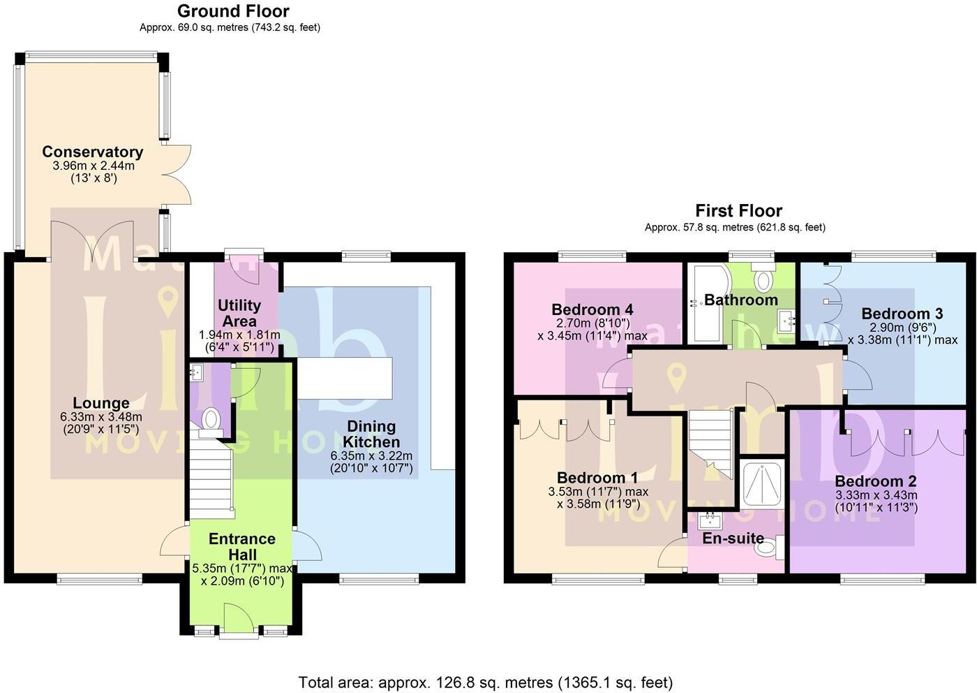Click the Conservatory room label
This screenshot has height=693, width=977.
[x=92, y=152]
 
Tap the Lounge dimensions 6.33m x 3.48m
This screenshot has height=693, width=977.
[x=101, y=416]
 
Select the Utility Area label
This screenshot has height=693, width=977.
[x=239, y=313]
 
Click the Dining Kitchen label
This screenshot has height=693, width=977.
[x=371, y=434]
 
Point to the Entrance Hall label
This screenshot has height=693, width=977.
[x=242, y=546]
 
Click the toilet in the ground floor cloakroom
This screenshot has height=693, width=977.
[x=211, y=422]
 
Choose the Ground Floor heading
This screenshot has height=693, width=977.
[x=233, y=11]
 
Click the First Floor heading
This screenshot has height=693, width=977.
[x=738, y=211]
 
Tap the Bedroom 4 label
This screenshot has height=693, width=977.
[x=592, y=309]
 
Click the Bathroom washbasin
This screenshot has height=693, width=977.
[x=786, y=321]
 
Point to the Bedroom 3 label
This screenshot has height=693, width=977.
[x=902, y=314]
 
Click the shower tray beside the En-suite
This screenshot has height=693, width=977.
[x=762, y=485]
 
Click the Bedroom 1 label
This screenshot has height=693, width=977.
[x=597, y=477]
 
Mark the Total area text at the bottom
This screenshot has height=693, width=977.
[x=486, y=682]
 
